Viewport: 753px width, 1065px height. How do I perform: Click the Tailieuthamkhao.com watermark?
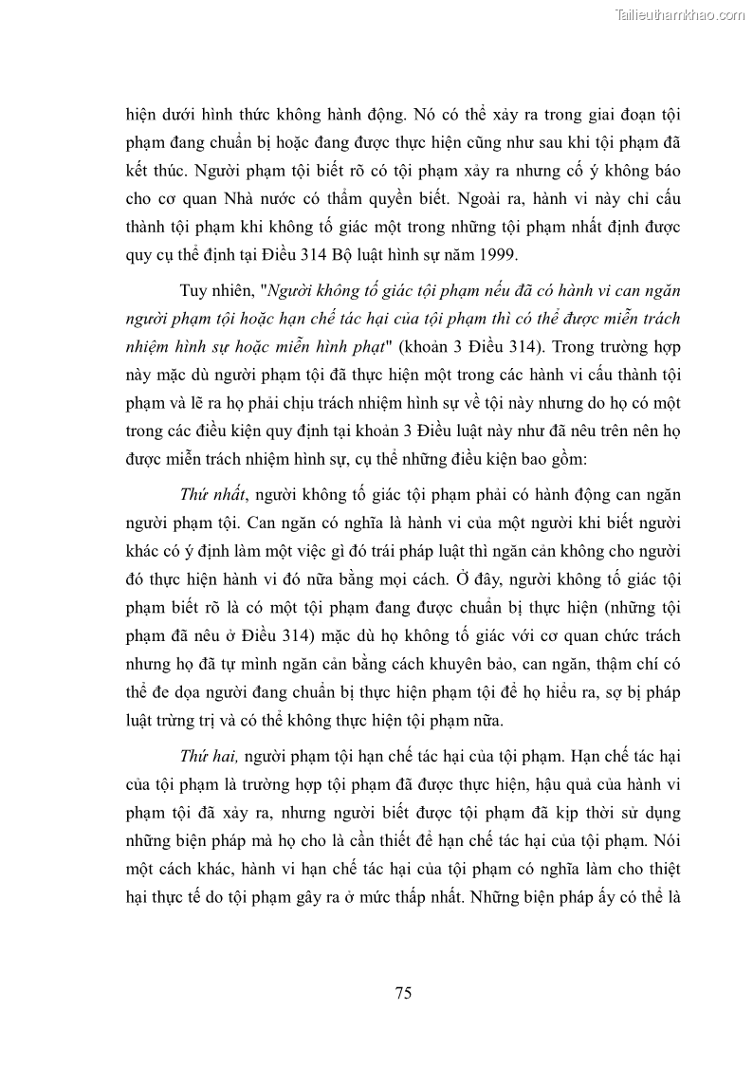pos(681,14)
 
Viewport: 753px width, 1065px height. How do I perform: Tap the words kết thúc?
pos(154,174)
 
